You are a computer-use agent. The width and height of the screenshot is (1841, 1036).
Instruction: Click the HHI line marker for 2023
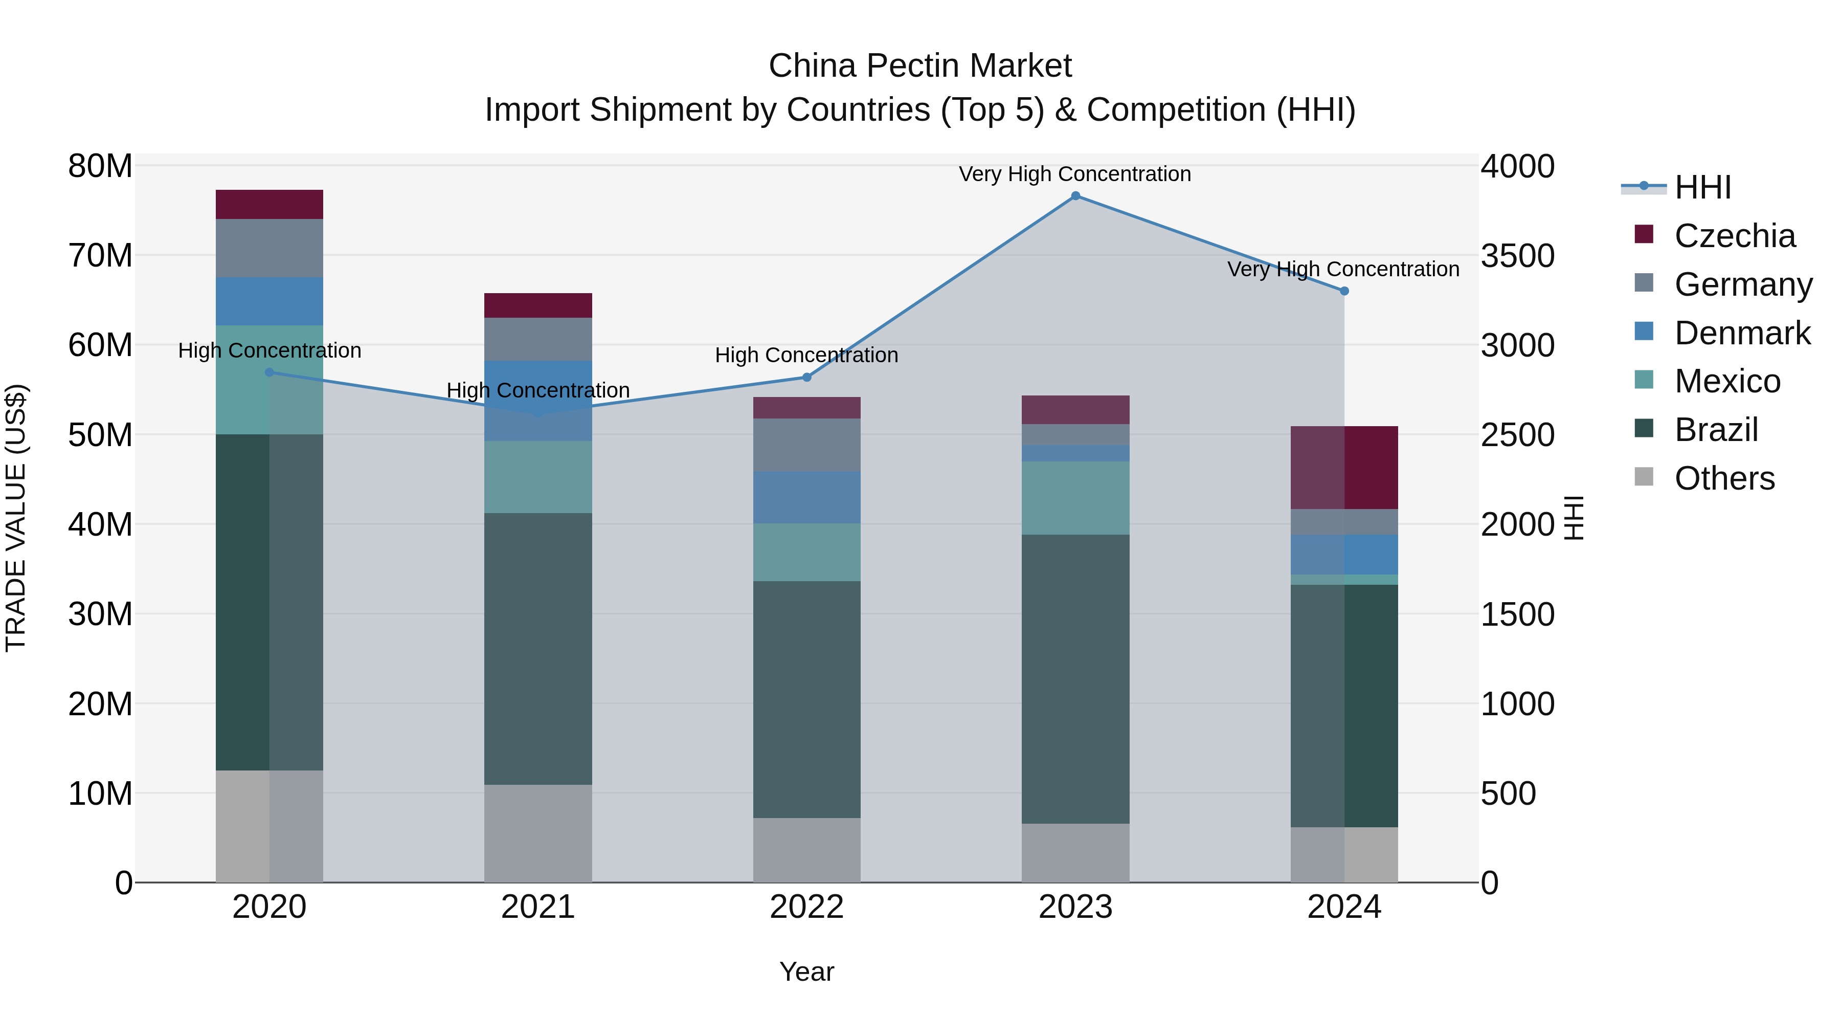coord(1075,196)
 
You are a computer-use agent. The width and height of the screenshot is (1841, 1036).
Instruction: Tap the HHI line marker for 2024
coord(1344,291)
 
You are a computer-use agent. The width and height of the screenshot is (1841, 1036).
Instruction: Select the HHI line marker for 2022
coord(807,378)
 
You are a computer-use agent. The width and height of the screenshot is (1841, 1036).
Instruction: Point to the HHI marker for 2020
coord(270,372)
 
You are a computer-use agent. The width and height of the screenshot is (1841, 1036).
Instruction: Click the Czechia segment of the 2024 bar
coord(1344,468)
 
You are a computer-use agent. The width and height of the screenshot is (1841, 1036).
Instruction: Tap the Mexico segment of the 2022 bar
coord(807,552)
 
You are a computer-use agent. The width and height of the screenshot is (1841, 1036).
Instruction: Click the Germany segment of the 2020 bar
coord(270,248)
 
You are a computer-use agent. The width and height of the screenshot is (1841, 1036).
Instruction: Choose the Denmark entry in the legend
coord(1742,333)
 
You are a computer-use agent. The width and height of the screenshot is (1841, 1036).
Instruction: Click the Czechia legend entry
coord(1735,236)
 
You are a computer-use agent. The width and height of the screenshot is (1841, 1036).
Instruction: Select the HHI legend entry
coord(1702,187)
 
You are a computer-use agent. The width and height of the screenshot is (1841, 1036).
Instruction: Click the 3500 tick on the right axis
coord(1517,256)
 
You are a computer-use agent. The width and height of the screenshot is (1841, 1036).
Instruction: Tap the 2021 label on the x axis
coord(538,907)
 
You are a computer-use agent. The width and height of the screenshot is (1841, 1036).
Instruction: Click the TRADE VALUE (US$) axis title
coord(16,518)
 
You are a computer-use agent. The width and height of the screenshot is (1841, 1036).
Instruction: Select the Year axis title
coord(807,972)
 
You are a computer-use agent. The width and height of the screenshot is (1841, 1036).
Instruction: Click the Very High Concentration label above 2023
coord(1075,174)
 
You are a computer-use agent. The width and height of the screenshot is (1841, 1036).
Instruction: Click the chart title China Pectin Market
coord(920,66)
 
